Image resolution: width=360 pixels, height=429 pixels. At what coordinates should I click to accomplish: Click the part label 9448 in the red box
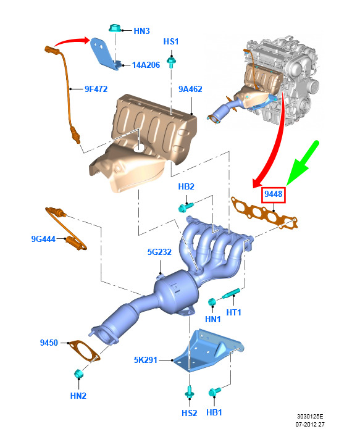coord(273,194)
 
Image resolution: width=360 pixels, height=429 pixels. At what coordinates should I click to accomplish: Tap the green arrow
coord(302,163)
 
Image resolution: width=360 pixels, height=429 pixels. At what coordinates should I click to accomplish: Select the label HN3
coord(141,31)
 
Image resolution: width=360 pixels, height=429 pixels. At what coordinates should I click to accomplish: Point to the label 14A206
coord(146,65)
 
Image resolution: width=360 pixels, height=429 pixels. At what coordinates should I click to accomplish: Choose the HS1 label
coord(171,41)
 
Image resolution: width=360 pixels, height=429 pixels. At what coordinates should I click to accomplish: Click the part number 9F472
coord(96,89)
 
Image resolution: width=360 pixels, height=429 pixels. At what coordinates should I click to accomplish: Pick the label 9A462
coord(190,89)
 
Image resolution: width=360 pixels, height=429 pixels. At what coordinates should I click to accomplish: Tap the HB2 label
coord(186,186)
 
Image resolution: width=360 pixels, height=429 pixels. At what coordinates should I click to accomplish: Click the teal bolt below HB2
coord(186,207)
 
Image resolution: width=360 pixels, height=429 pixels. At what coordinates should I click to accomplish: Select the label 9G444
coord(43,239)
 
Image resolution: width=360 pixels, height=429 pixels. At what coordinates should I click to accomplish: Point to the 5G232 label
coord(159,252)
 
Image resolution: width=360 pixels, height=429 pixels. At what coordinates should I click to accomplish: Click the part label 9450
coord(49,343)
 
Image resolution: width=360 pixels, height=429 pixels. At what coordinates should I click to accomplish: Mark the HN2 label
coord(78,396)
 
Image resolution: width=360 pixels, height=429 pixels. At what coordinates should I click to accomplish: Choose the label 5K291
coord(146,360)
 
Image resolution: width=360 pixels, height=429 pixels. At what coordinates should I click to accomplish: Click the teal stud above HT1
coord(231,294)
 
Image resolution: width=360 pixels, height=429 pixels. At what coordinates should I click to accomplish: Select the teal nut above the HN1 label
coord(212,302)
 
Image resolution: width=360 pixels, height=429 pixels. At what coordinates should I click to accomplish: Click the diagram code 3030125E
coord(310,416)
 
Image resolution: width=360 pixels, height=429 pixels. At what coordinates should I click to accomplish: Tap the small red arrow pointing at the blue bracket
coord(71,41)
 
